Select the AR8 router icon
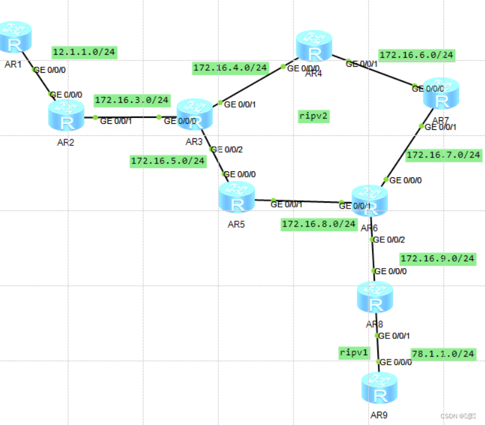pyautogui.click(x=374, y=297)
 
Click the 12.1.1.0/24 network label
pyautogui.click(x=84, y=52)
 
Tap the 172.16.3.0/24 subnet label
pyautogui.click(x=132, y=100)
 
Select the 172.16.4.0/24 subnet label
pyautogui.click(x=230, y=67)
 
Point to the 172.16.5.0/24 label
pyautogui.click(x=168, y=161)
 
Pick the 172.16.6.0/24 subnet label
pyautogui.click(x=416, y=55)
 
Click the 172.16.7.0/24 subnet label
pyautogui.click(x=444, y=154)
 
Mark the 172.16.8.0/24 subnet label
pyautogui.click(x=319, y=224)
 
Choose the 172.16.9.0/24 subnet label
pyautogui.click(x=438, y=258)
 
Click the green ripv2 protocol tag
pyautogui.click(x=314, y=116)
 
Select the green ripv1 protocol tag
pyautogui.click(x=353, y=353)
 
